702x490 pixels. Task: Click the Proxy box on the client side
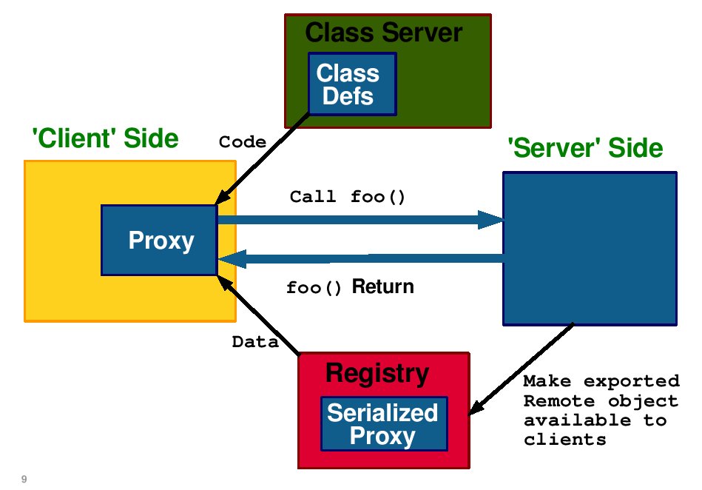click(x=159, y=240)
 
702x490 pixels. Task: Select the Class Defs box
click(x=352, y=84)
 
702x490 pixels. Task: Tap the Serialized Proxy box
click(x=384, y=423)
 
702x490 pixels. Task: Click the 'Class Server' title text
click(x=384, y=33)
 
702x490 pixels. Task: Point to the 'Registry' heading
click(x=377, y=373)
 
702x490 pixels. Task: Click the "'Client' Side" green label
click(x=105, y=138)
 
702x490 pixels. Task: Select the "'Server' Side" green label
click(x=585, y=148)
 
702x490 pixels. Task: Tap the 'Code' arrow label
click(x=242, y=142)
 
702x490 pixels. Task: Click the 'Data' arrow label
click(x=255, y=342)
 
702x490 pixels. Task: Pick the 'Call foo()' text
click(x=348, y=197)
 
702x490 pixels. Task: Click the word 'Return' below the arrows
click(x=382, y=286)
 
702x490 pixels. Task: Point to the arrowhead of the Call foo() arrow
click(x=490, y=220)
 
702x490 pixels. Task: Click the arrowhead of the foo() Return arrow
click(x=232, y=259)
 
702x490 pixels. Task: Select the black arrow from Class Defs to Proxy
click(x=263, y=158)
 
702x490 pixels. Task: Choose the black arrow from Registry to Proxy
click(x=258, y=315)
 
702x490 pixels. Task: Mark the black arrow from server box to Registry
click(x=521, y=369)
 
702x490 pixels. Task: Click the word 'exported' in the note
click(x=632, y=381)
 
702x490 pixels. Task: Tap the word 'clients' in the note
click(x=564, y=440)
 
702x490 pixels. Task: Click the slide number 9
click(x=24, y=479)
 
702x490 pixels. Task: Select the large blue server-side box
click(x=590, y=249)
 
